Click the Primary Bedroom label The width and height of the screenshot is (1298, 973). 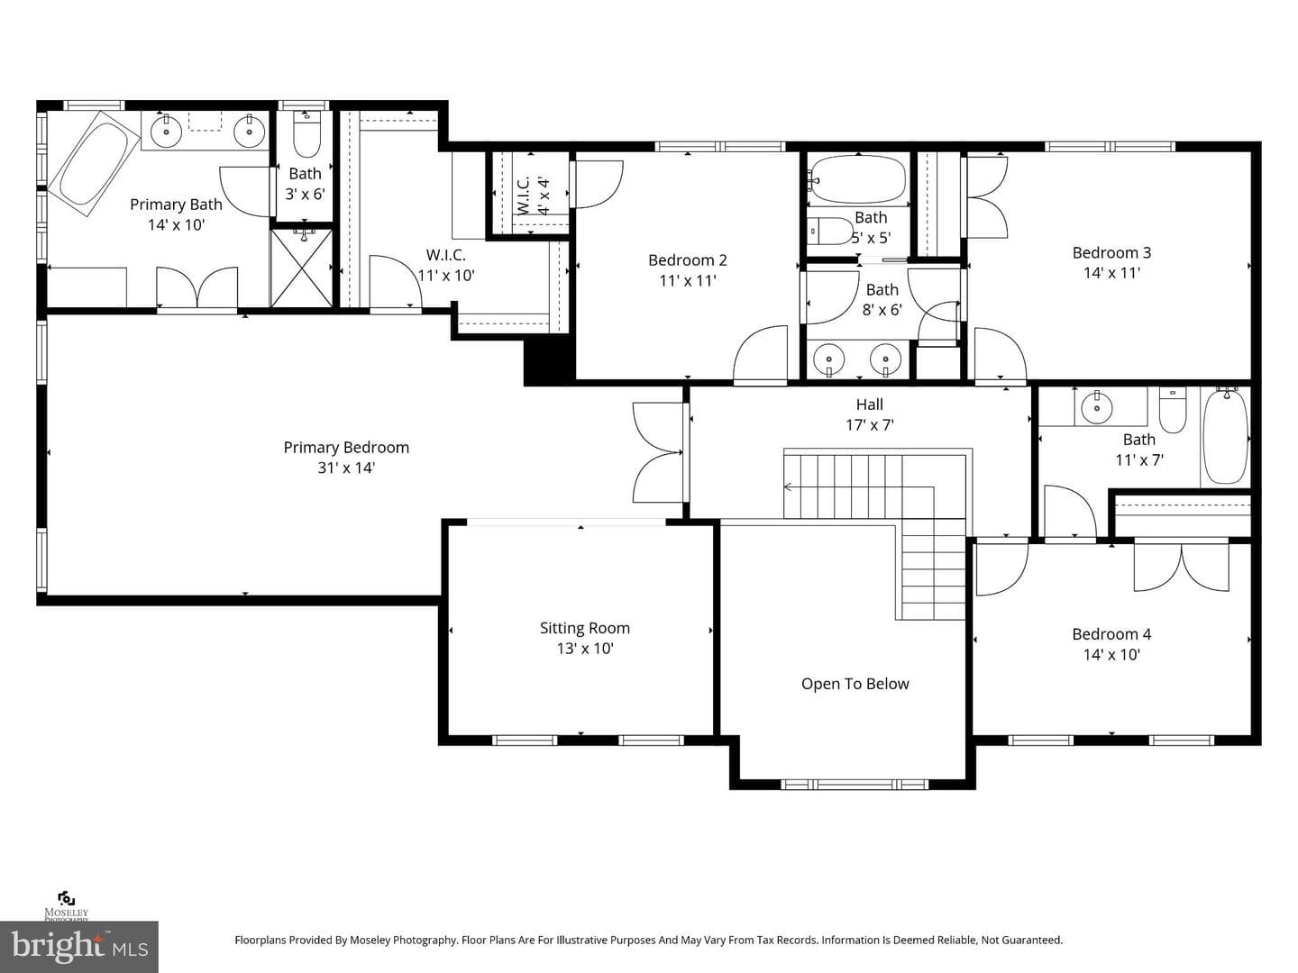346,448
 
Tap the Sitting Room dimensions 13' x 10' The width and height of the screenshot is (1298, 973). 585,649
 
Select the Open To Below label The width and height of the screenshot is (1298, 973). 855,684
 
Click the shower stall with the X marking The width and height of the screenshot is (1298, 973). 302,268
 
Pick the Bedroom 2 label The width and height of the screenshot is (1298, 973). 688,260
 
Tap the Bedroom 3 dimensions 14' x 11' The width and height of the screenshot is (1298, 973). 1111,273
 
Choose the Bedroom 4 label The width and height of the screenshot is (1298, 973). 1111,634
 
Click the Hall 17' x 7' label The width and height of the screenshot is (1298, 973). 869,414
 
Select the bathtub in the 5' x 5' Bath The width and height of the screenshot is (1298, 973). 858,178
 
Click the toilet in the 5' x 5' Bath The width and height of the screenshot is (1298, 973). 830,231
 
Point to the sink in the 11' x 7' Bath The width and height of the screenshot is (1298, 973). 1097,407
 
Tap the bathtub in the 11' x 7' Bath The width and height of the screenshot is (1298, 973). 1225,437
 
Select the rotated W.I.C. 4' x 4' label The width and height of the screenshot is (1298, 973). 534,195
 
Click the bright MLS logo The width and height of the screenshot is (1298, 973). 79,946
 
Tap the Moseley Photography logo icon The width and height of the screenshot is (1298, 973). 66,898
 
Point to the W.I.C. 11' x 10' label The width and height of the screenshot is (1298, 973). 446,265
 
